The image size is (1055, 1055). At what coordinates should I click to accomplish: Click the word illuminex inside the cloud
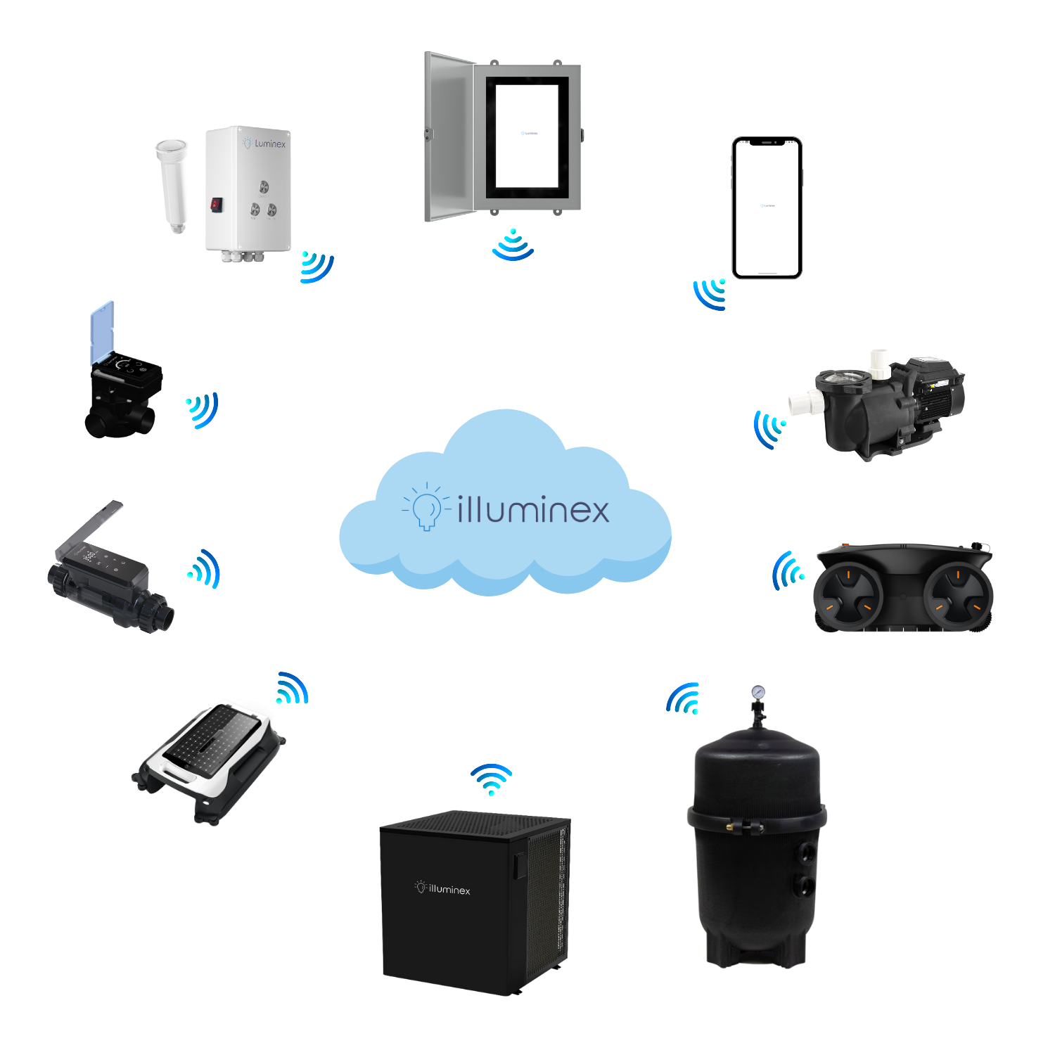pos(533,510)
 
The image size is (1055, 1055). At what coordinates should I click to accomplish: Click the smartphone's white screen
pos(767,208)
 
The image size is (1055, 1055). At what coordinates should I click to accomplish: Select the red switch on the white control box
pos(216,204)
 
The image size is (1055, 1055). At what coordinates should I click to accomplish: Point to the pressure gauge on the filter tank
pos(757,692)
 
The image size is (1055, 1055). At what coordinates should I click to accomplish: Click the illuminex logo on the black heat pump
pos(442,888)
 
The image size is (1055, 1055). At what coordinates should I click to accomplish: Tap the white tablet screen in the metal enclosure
pos(527,135)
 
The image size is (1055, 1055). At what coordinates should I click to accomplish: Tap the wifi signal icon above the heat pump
pos(492,779)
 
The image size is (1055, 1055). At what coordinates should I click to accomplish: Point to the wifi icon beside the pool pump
pos(769,428)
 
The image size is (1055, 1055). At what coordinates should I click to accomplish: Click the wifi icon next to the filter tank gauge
pos(684,698)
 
